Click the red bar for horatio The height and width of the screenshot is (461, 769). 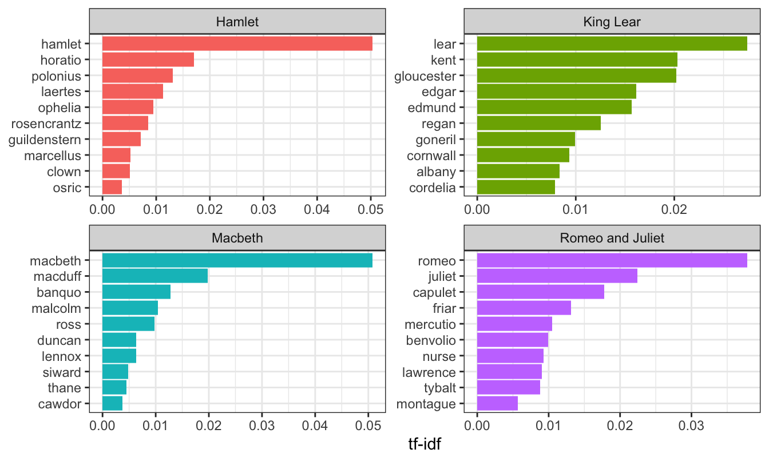(148, 59)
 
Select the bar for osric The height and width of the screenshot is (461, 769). (112, 187)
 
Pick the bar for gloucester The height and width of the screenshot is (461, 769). (576, 75)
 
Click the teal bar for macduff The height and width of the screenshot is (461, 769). (154, 276)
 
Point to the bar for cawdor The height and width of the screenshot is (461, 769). (112, 404)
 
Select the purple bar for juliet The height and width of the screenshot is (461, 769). (557, 276)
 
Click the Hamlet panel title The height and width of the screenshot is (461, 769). (237, 22)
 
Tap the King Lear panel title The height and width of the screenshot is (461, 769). (612, 22)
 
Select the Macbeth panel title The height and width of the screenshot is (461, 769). (237, 237)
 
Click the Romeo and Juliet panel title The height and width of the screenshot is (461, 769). (612, 237)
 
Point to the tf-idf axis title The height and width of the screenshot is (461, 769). (424, 444)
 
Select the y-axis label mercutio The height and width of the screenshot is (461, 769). (430, 324)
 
